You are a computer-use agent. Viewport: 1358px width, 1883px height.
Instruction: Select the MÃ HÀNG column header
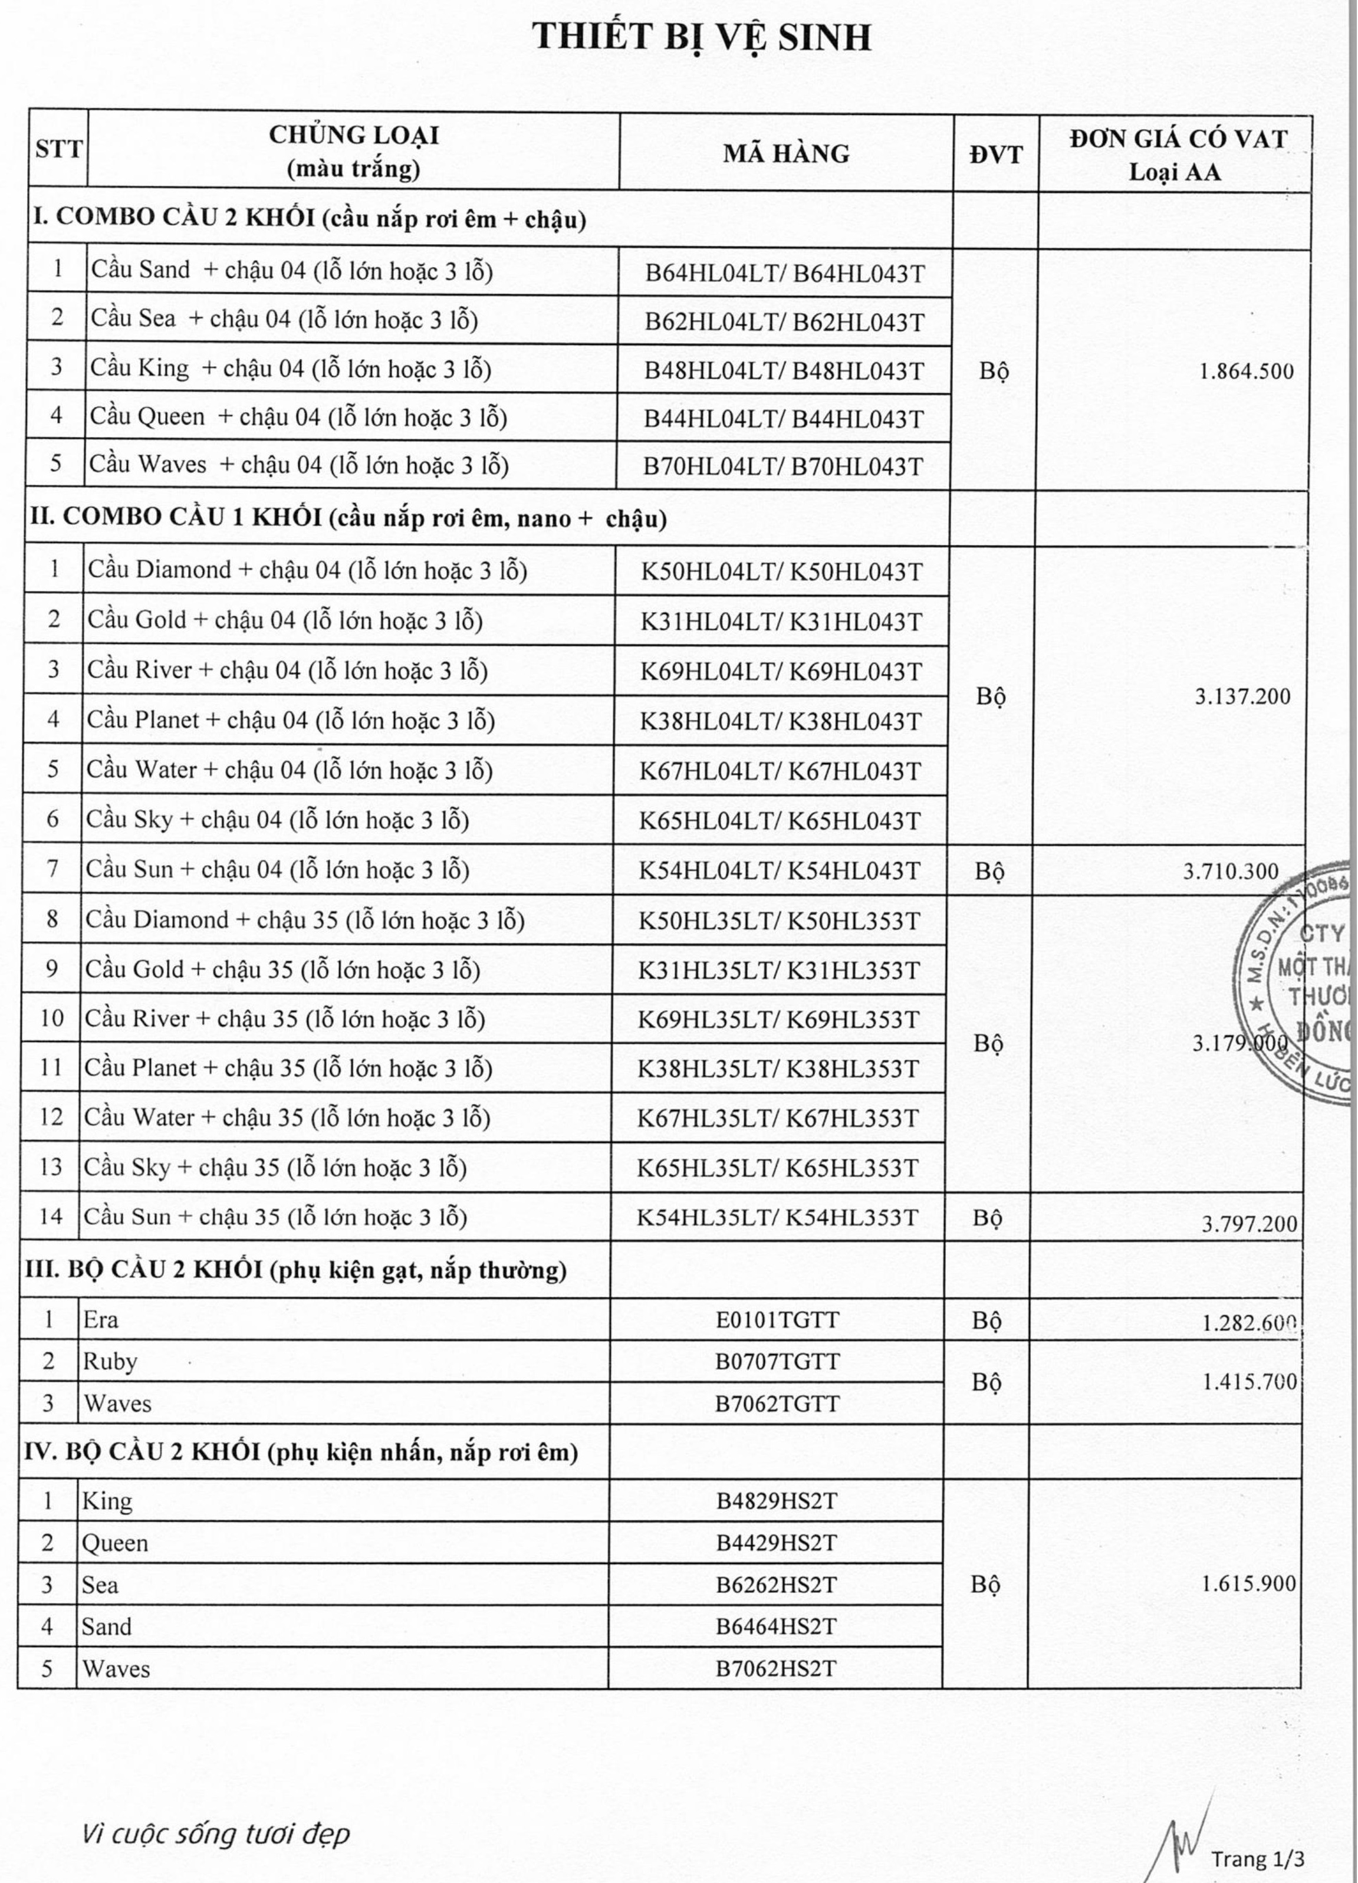pos(786,153)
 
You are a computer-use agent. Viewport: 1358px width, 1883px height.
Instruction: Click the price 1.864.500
pos(1246,371)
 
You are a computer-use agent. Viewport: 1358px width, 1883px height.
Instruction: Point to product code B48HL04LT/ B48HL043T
pos(784,371)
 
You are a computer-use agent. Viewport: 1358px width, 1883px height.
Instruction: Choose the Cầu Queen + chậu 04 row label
pos(298,417)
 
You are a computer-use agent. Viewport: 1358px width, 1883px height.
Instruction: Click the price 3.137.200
pos(1242,696)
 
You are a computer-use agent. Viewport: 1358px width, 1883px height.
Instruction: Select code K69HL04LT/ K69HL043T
pos(780,672)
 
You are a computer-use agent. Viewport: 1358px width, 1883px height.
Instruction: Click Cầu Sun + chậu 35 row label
pos(275,1217)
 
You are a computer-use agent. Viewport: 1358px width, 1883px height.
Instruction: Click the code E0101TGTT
pos(777,1319)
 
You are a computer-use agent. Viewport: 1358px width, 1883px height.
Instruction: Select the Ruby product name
pos(110,1362)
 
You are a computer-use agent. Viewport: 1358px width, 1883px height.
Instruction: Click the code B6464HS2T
pos(776,1626)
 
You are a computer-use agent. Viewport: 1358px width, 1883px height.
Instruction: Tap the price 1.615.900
pos(1248,1583)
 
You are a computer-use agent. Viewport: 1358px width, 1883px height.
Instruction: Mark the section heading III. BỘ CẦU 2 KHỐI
pos(295,1270)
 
